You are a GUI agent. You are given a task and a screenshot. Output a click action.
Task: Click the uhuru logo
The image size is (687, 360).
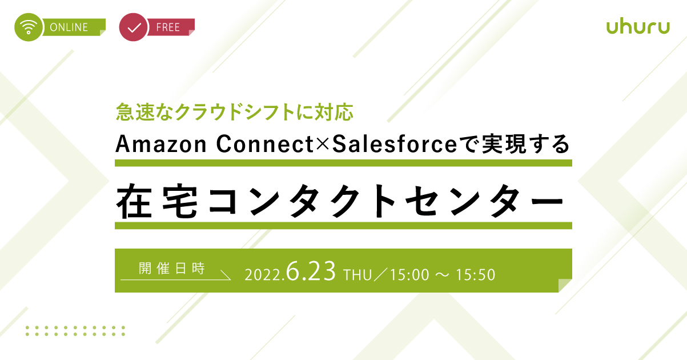click(638, 27)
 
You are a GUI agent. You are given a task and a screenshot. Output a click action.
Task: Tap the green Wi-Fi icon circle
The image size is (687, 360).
click(29, 27)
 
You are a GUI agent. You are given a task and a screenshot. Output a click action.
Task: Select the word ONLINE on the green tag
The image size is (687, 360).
click(69, 27)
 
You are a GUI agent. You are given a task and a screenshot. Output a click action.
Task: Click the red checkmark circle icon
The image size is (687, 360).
click(134, 27)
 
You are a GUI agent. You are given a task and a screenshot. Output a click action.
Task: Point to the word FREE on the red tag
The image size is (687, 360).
click(168, 27)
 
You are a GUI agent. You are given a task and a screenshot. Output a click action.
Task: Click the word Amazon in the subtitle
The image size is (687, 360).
click(161, 144)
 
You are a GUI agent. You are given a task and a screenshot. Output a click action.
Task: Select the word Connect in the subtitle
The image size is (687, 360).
click(265, 144)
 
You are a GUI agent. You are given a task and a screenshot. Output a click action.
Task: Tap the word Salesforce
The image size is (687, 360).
click(395, 144)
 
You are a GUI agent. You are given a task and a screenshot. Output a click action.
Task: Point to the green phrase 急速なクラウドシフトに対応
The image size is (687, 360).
click(235, 111)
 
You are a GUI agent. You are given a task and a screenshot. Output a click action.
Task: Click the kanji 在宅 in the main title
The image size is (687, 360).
click(156, 201)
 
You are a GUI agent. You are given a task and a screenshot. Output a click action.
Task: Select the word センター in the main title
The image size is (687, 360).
click(485, 201)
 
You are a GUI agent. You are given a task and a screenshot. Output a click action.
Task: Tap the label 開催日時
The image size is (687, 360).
click(172, 269)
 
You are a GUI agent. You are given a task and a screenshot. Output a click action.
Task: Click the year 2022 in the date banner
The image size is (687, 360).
click(263, 275)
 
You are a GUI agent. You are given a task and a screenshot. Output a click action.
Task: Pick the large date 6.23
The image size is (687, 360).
click(311, 271)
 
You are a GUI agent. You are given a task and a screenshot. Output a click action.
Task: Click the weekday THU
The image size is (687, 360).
click(357, 275)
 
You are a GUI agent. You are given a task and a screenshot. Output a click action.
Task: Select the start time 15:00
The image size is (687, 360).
click(410, 275)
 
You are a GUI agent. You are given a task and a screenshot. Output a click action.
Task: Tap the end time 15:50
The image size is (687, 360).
click(476, 275)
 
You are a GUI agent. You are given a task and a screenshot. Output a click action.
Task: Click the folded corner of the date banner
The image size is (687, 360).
click(565, 285)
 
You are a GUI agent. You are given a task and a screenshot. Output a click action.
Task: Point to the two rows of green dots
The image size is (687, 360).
click(75, 331)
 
